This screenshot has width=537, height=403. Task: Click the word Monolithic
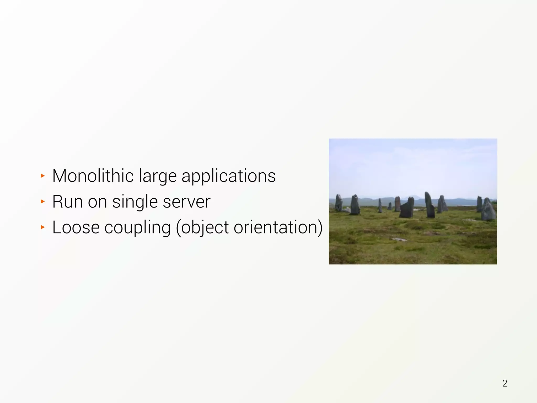pos(93,176)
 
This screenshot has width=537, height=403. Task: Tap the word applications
pos(228,176)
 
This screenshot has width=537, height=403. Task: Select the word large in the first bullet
pos(158,176)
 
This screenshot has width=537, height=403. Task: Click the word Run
pos(67,201)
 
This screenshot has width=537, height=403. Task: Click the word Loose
pos(76,227)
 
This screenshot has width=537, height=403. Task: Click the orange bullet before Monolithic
pos(43,176)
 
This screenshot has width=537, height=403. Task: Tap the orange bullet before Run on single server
pos(43,201)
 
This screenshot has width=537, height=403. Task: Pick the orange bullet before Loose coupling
pos(43,227)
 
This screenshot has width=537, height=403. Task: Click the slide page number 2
pos(505,383)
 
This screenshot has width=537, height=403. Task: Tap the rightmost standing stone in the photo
pos(488,210)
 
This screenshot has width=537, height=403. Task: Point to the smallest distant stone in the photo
pos(390,206)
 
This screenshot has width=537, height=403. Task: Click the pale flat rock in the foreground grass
pos(399,239)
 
